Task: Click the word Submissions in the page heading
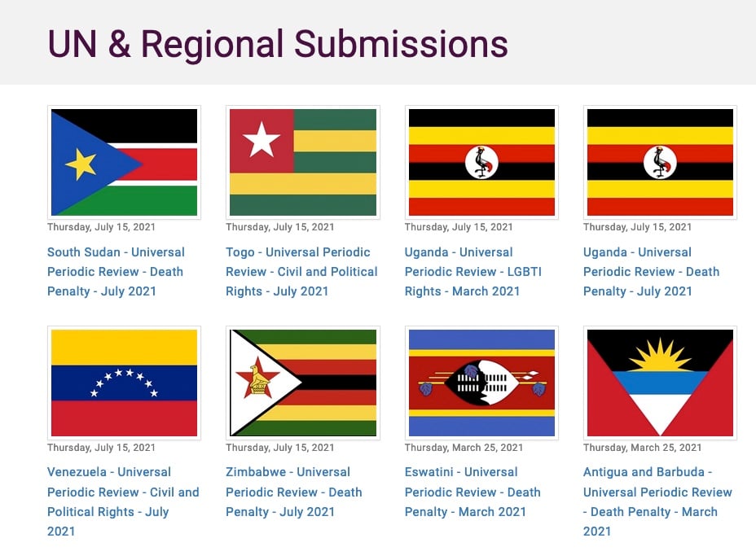tap(401, 44)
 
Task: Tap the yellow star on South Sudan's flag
tap(81, 164)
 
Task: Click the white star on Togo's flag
tap(262, 140)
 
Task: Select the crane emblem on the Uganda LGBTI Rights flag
tap(481, 163)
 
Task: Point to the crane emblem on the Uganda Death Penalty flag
tap(660, 163)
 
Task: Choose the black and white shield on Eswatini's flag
tap(481, 383)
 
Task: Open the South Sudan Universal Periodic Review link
tap(116, 272)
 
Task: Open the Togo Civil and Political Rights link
tap(301, 272)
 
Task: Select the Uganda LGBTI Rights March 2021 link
tap(473, 272)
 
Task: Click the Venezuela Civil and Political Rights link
tap(123, 501)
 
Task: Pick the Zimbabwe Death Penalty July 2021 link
tap(293, 492)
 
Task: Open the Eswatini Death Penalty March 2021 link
tap(472, 492)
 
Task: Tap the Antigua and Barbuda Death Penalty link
tap(657, 501)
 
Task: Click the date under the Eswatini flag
tap(464, 448)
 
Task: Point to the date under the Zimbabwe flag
tap(279, 448)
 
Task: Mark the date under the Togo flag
tap(279, 227)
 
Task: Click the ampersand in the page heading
tap(119, 44)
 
